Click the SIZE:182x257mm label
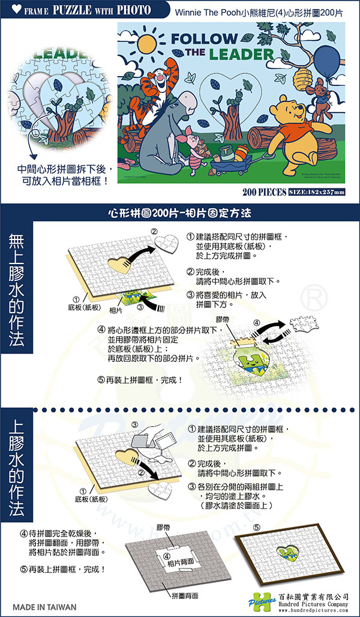pos(317,192)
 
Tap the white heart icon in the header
pos(10,10)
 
